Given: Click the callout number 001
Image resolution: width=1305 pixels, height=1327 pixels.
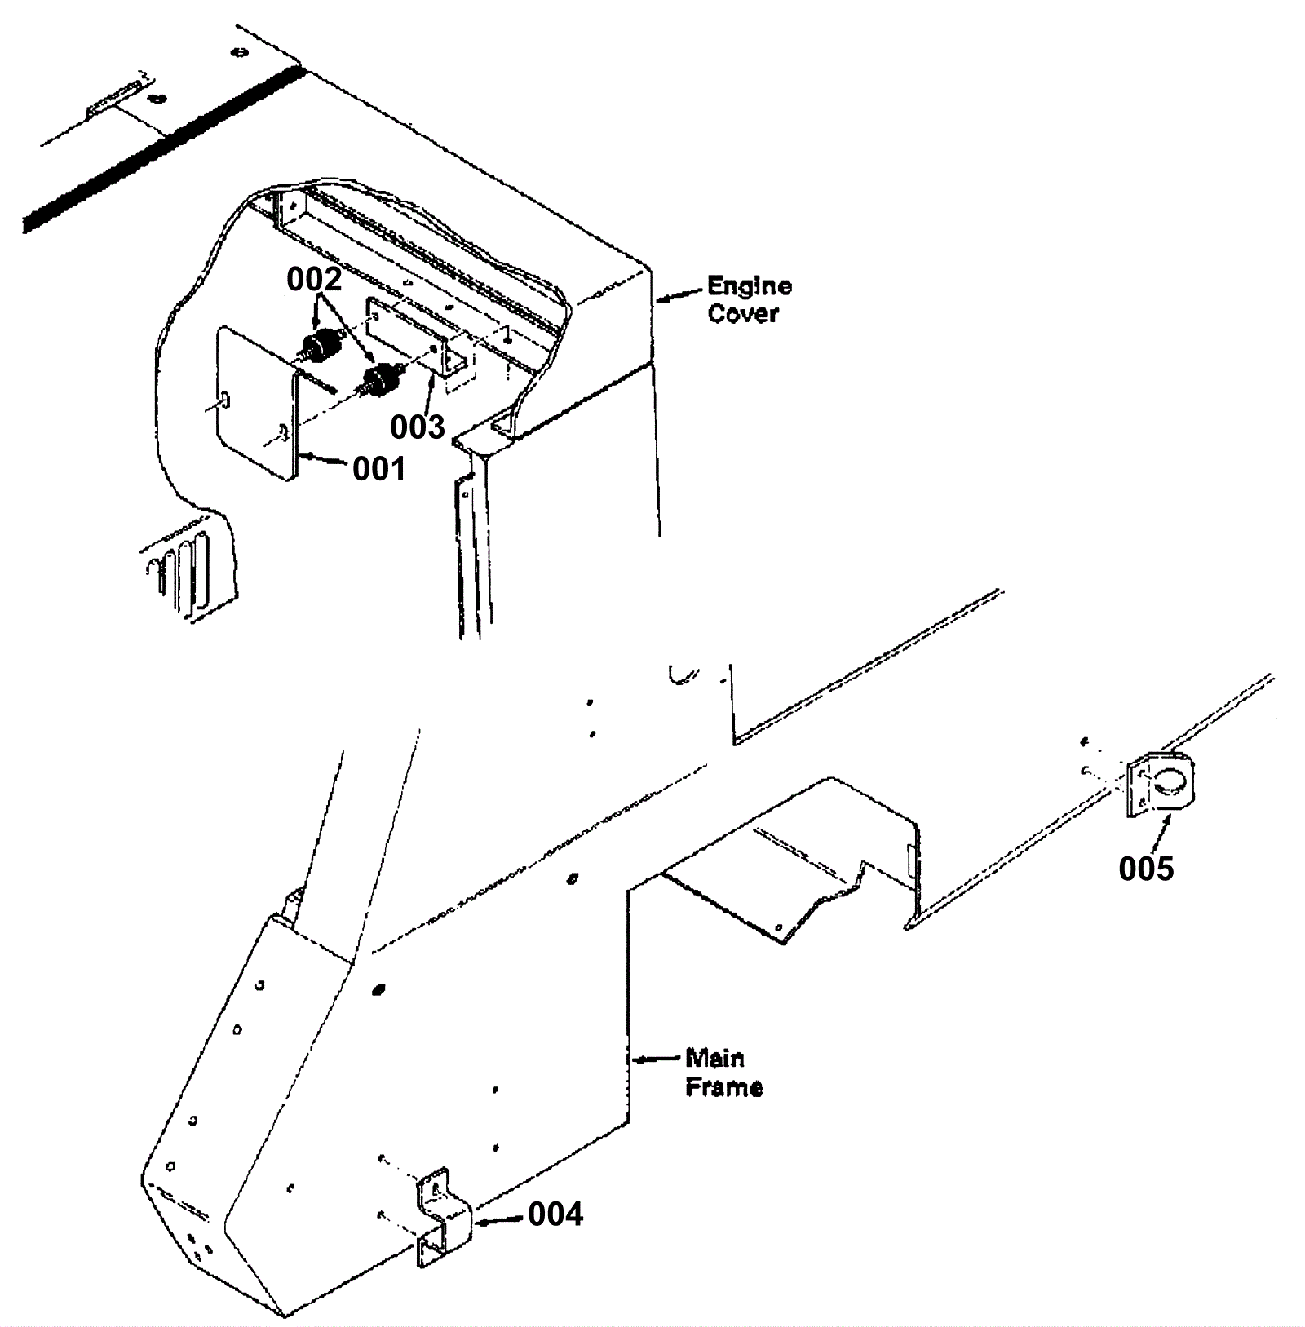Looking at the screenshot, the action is [x=378, y=469].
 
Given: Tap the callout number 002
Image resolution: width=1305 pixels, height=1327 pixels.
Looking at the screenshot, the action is [x=314, y=279].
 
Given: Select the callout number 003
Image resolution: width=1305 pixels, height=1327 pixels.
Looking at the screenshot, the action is [x=417, y=427].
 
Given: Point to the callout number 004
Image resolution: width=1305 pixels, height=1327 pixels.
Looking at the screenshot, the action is [x=555, y=1214].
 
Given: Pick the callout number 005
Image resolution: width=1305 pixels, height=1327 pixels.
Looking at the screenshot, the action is [x=1146, y=869].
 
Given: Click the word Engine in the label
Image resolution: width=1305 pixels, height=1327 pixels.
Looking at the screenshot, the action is [x=750, y=286].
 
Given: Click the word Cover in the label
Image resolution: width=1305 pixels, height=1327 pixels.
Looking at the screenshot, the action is [x=743, y=314].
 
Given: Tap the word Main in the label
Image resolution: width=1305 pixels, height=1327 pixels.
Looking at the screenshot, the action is [x=714, y=1059].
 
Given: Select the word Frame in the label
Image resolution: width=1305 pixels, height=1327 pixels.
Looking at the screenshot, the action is [x=724, y=1087].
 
